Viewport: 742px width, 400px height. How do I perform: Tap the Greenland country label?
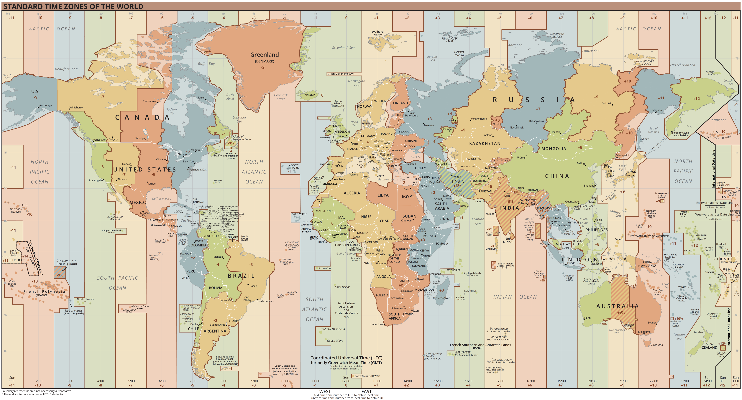(264, 55)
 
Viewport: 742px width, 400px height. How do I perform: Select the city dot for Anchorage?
(39, 107)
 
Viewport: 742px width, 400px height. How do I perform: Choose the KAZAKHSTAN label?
(485, 143)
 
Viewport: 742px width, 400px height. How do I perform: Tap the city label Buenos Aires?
(217, 325)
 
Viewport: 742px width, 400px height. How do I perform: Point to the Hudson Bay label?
(171, 111)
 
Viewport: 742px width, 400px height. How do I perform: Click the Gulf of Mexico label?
(161, 199)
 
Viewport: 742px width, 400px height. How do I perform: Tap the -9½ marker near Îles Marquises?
(60, 275)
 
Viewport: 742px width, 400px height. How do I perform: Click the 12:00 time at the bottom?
(346, 381)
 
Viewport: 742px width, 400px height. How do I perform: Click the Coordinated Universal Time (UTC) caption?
(346, 358)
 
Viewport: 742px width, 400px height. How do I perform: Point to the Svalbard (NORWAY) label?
(377, 33)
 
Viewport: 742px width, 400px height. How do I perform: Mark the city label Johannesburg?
(400, 308)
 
